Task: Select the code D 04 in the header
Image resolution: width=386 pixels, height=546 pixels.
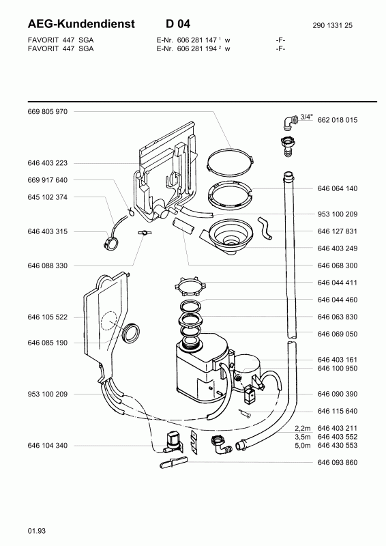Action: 177,24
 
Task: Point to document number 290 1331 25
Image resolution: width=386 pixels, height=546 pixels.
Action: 333,25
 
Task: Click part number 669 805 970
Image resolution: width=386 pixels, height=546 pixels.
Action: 48,111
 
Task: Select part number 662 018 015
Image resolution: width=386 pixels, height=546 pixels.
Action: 338,120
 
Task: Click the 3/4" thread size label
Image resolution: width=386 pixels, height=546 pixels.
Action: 306,117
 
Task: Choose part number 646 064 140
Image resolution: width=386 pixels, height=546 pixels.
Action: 338,188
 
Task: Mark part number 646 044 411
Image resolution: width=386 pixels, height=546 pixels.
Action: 338,283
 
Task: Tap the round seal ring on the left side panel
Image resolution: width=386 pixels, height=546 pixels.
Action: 130,334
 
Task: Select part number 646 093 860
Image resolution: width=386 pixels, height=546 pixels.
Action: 338,463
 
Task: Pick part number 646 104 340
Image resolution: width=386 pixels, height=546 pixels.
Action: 48,445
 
